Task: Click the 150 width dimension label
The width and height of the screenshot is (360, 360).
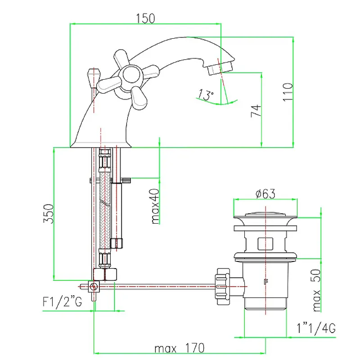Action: (x=145, y=18)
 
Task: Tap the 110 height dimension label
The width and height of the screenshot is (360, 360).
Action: (x=288, y=92)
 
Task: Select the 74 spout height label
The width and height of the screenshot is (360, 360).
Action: (x=256, y=111)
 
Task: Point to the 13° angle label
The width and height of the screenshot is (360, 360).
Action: (x=206, y=94)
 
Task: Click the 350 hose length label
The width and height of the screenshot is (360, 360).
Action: (x=49, y=213)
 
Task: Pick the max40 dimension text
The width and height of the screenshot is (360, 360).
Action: (x=155, y=206)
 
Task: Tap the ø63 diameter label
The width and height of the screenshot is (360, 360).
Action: (x=265, y=194)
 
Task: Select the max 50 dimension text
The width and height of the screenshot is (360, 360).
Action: (x=317, y=290)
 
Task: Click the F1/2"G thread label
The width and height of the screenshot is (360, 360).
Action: (x=62, y=301)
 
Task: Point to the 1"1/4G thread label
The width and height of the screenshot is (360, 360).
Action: (x=316, y=328)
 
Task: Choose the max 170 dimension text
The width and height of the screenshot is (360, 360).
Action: (x=179, y=348)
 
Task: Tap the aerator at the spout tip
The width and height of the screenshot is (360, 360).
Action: (x=220, y=68)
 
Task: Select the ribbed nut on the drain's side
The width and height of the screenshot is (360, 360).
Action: (x=223, y=287)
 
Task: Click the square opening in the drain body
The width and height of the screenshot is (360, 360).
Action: (x=265, y=244)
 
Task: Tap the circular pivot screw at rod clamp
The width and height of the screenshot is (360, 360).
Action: (x=94, y=287)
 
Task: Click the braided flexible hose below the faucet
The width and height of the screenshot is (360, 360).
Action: (x=105, y=210)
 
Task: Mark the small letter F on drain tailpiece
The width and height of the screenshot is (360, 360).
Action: (x=266, y=281)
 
